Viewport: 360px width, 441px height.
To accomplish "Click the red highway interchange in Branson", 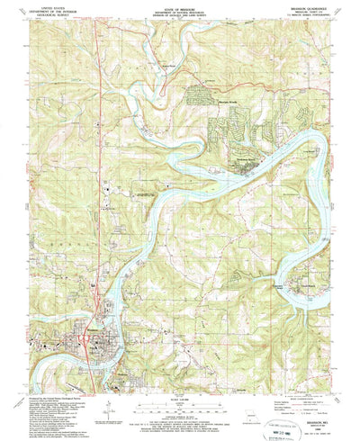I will pos(85,339).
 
